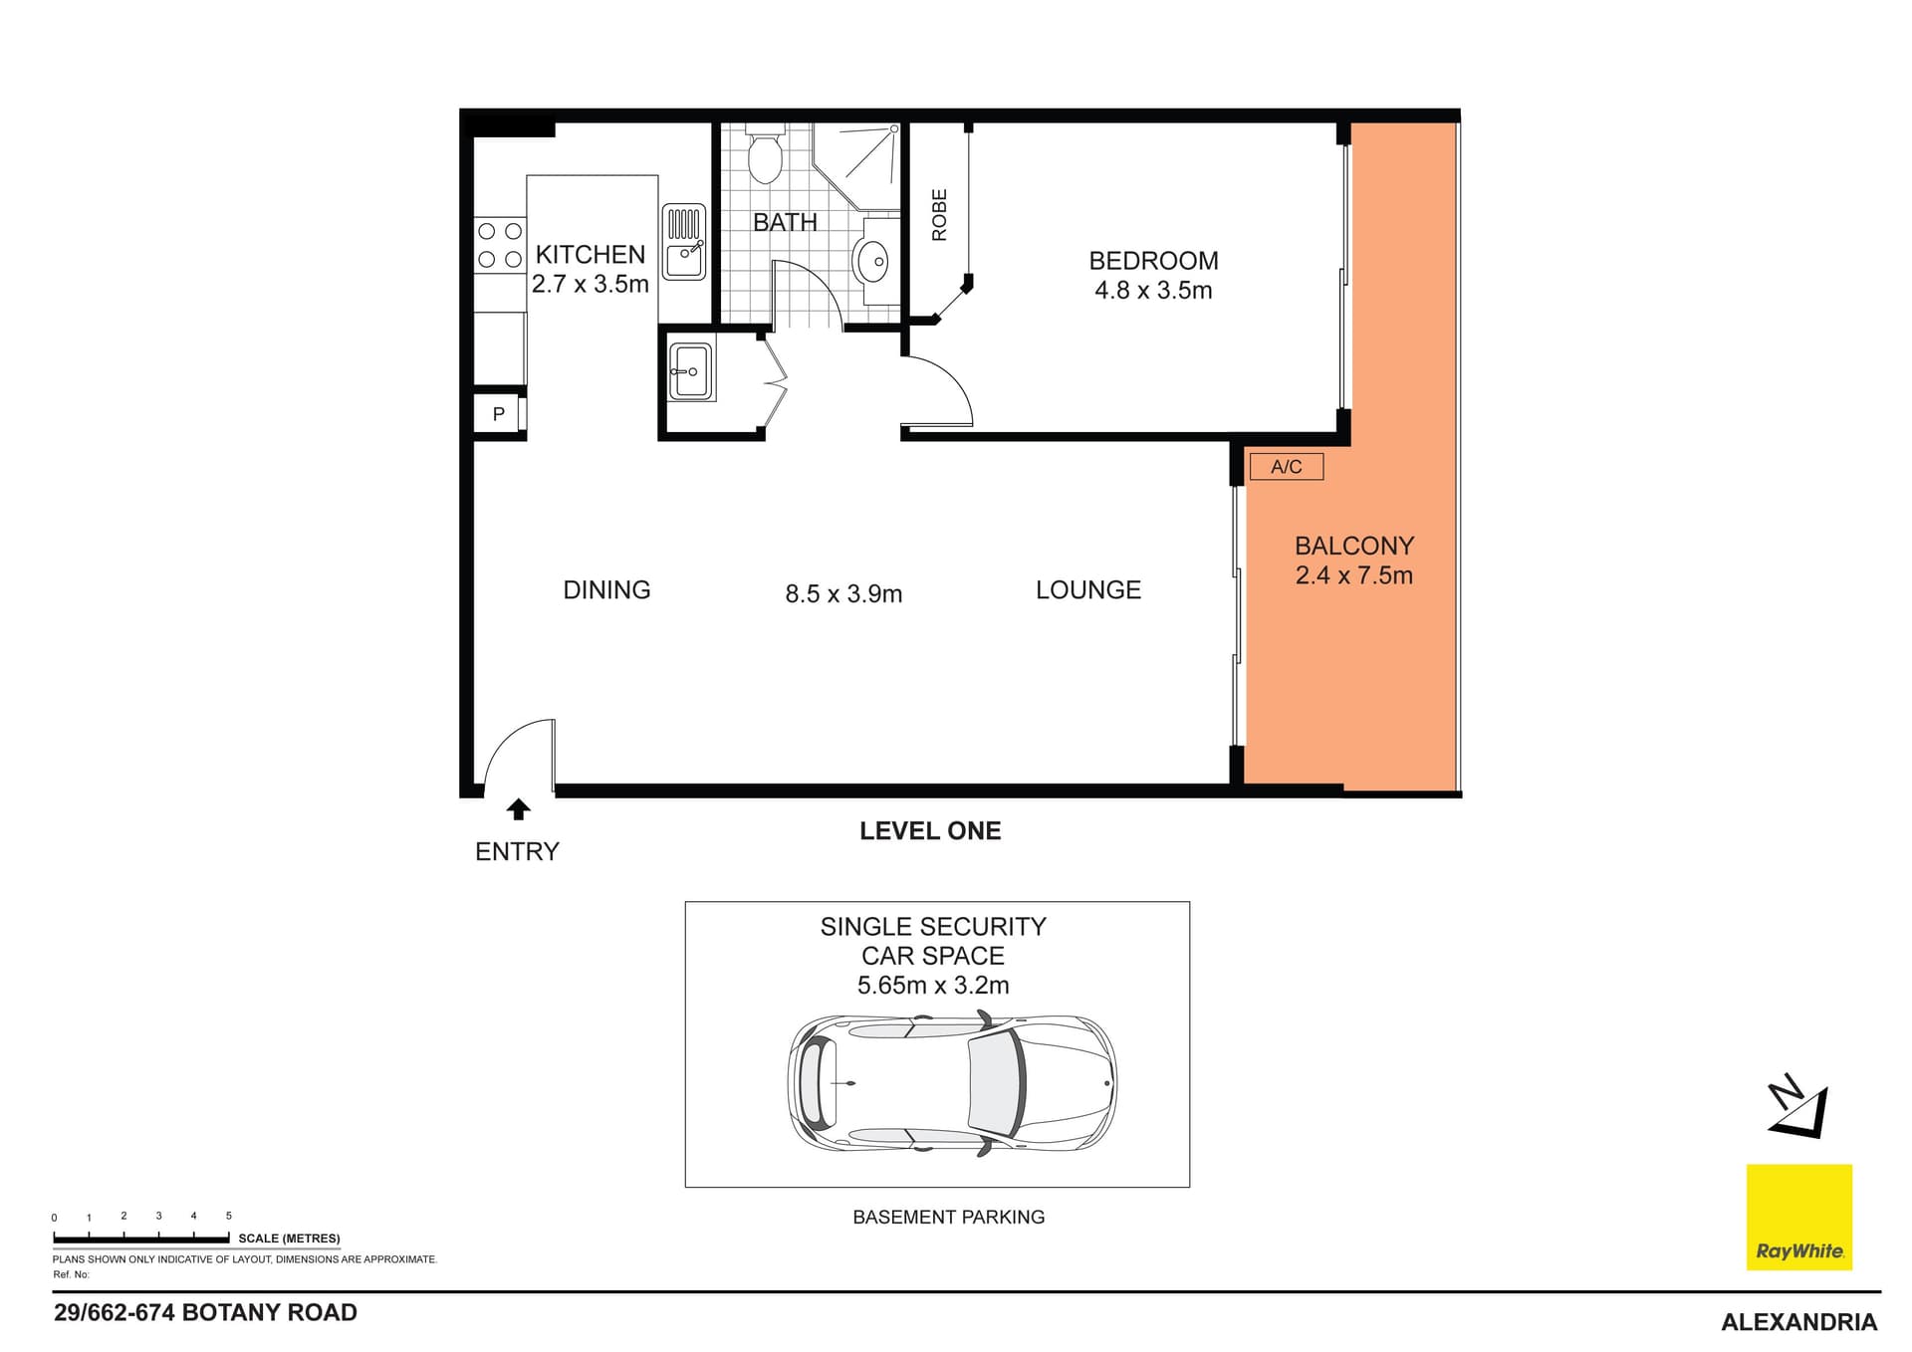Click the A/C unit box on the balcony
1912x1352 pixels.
point(1286,466)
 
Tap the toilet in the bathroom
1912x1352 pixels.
point(765,154)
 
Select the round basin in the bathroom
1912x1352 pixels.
point(871,261)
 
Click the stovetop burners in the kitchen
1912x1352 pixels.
point(499,245)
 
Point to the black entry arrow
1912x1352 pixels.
point(518,809)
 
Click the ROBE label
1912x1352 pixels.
point(939,215)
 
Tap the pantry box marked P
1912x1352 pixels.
point(499,413)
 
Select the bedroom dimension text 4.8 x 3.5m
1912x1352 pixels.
point(1153,291)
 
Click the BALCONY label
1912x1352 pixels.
point(1354,546)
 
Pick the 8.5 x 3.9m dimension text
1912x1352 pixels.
point(843,594)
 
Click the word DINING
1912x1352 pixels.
point(606,590)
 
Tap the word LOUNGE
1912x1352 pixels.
point(1088,590)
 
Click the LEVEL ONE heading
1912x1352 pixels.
point(930,831)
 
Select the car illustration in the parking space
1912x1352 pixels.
point(952,1084)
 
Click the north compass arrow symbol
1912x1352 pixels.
point(1800,1106)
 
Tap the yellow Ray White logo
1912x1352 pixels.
point(1799,1217)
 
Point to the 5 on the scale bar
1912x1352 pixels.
point(229,1216)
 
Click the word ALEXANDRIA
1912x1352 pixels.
point(1799,1322)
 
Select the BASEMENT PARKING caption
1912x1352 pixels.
point(949,1217)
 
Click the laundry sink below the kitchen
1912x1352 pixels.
point(690,371)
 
